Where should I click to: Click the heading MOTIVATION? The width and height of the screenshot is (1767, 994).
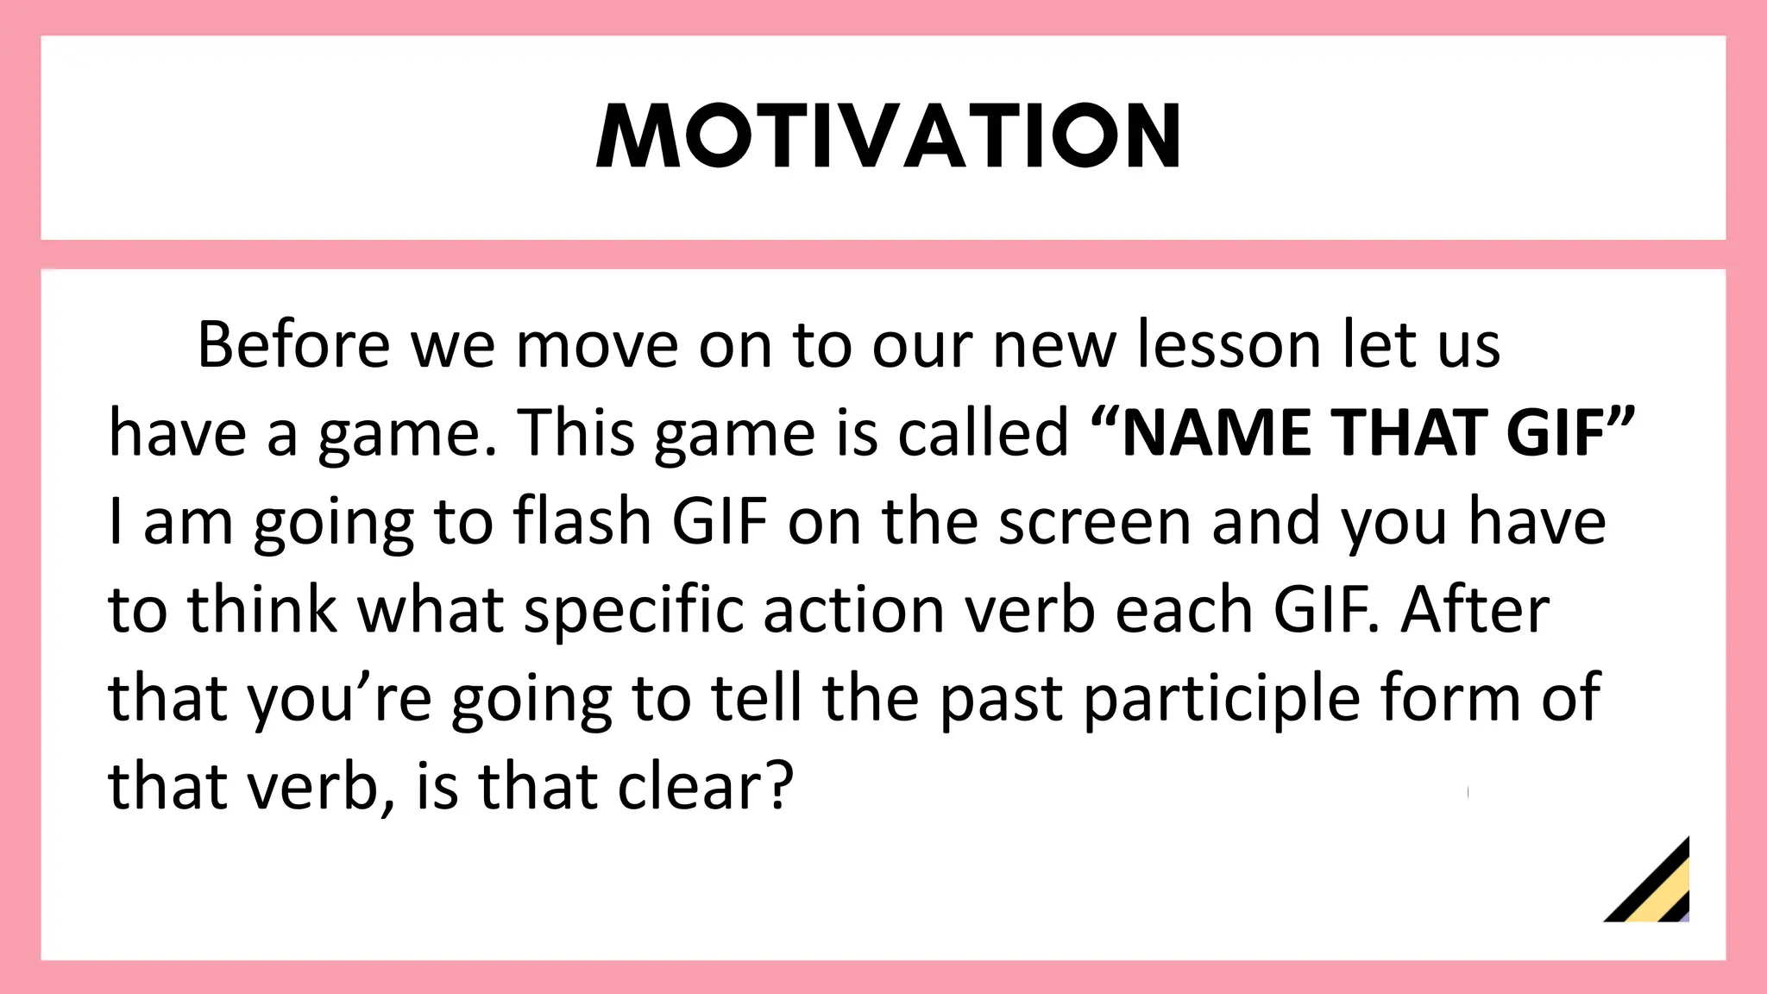pos(888,135)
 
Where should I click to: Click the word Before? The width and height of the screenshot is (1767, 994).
pos(293,344)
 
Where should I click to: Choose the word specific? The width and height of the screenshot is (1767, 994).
pos(634,611)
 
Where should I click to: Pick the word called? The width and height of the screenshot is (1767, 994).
pos(983,432)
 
